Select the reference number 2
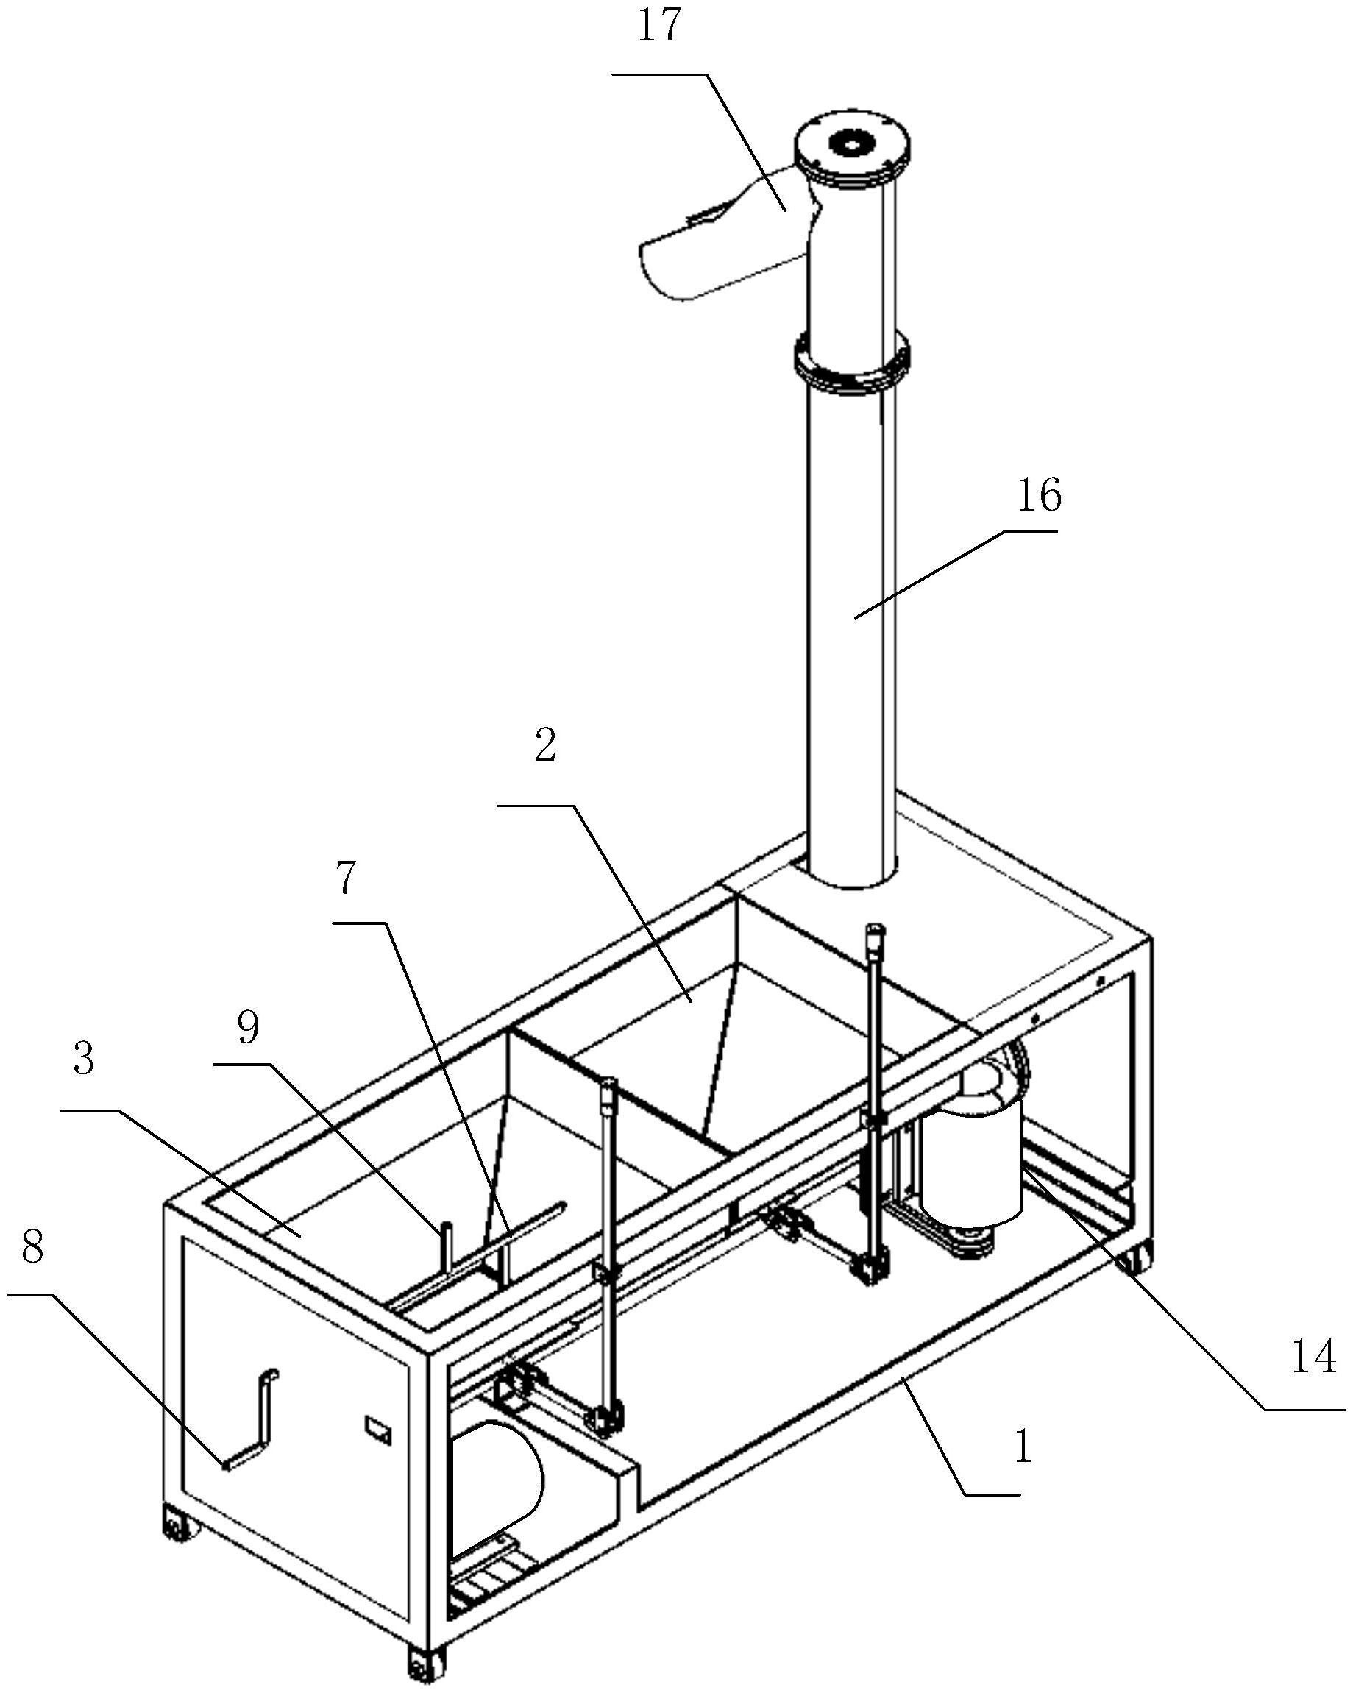point(545,745)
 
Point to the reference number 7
point(347,877)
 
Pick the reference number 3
point(84,1060)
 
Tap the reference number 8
point(32,1246)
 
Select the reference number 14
point(1314,1357)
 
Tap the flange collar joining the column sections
point(852,363)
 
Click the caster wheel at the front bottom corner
point(425,1661)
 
